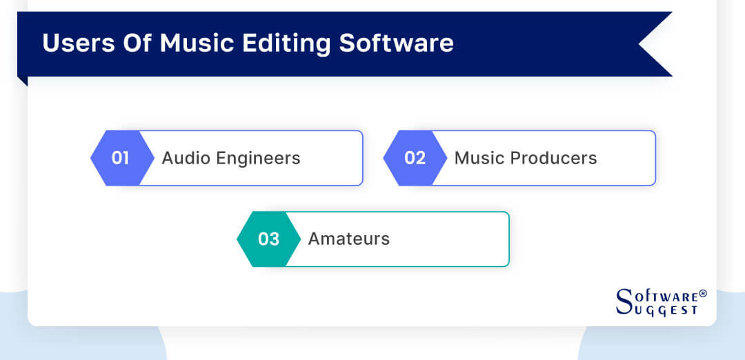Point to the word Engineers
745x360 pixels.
click(x=259, y=158)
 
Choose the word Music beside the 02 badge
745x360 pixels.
click(x=479, y=158)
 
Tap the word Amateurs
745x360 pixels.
click(x=348, y=239)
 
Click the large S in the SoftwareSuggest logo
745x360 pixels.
click(x=623, y=301)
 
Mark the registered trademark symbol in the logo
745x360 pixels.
click(x=703, y=294)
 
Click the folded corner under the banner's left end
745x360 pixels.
click(x=22, y=81)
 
